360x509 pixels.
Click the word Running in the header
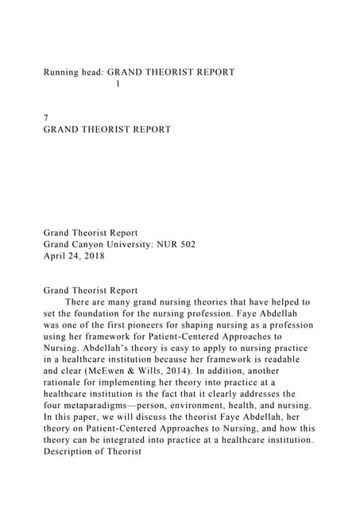(63, 72)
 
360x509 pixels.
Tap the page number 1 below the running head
(118, 84)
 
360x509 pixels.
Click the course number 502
(187, 244)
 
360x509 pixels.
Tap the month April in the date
(56, 256)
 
